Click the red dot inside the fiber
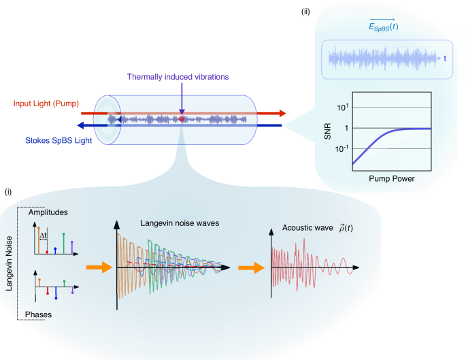(x=182, y=120)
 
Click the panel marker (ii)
(x=307, y=11)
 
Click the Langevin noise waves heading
(x=175, y=223)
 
